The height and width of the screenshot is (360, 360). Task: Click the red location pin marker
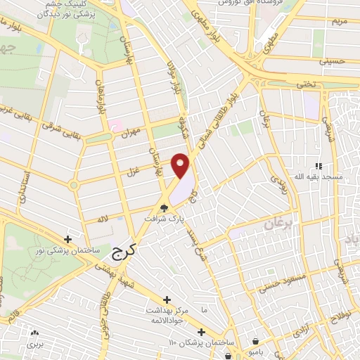click(x=181, y=165)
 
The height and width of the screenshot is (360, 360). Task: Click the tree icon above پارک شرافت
click(x=165, y=208)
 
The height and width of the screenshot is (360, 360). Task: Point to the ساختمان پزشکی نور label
click(x=69, y=250)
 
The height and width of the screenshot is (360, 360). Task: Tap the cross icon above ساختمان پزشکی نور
click(x=68, y=239)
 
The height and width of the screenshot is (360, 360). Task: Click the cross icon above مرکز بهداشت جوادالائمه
click(x=167, y=300)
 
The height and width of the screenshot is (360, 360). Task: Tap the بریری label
click(x=34, y=345)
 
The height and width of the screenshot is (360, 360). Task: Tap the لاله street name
click(x=103, y=219)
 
